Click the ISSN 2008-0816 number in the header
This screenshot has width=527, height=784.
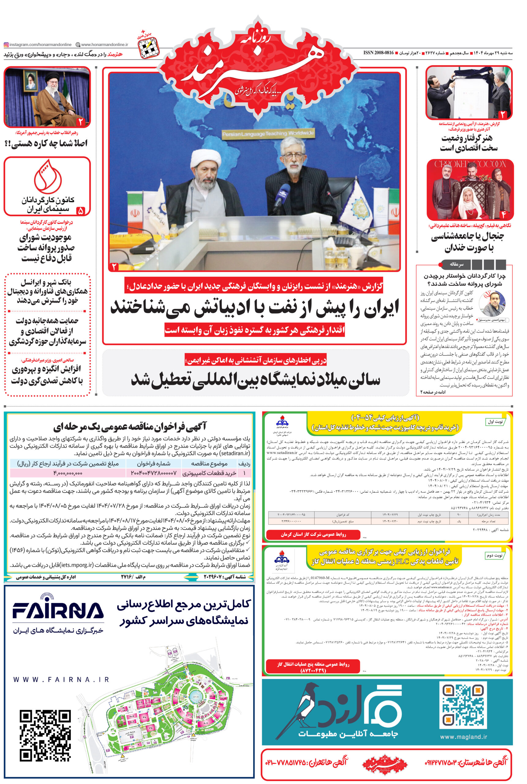(378, 53)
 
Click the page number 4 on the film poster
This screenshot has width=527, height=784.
(503, 214)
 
